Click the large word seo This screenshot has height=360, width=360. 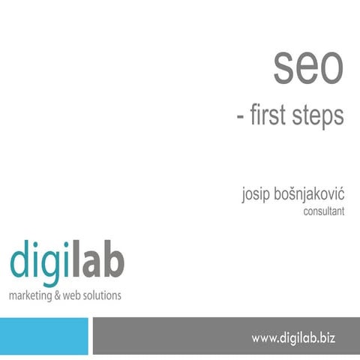[308, 68]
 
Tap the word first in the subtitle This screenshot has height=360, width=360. [268, 115]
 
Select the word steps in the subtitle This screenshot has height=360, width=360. [318, 116]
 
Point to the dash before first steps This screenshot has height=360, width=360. [240, 116]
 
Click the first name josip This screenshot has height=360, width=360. [256, 194]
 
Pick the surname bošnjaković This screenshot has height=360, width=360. [309, 193]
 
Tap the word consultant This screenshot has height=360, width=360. [324, 211]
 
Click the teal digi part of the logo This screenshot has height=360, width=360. [39, 263]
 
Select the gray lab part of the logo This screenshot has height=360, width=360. [98, 259]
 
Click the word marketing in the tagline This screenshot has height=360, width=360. [30, 295]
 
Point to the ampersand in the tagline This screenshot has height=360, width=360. [57, 295]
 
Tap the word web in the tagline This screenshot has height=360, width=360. [71, 295]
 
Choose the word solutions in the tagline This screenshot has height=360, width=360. [102, 295]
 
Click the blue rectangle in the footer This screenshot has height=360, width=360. [44, 336]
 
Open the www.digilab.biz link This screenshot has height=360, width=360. [293, 338]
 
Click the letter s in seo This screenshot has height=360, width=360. [283, 68]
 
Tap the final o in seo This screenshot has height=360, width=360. [332, 68]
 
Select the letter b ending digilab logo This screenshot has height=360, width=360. [115, 259]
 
